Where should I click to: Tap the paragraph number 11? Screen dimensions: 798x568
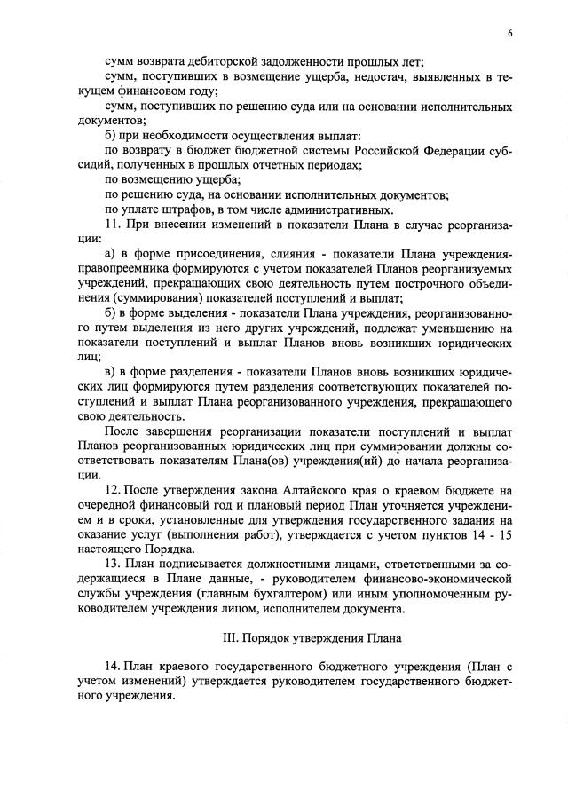(112, 225)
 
